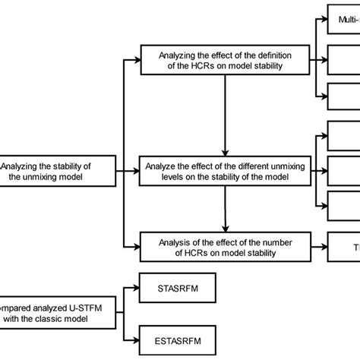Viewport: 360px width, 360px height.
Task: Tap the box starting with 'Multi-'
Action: pyautogui.click(x=343, y=17)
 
